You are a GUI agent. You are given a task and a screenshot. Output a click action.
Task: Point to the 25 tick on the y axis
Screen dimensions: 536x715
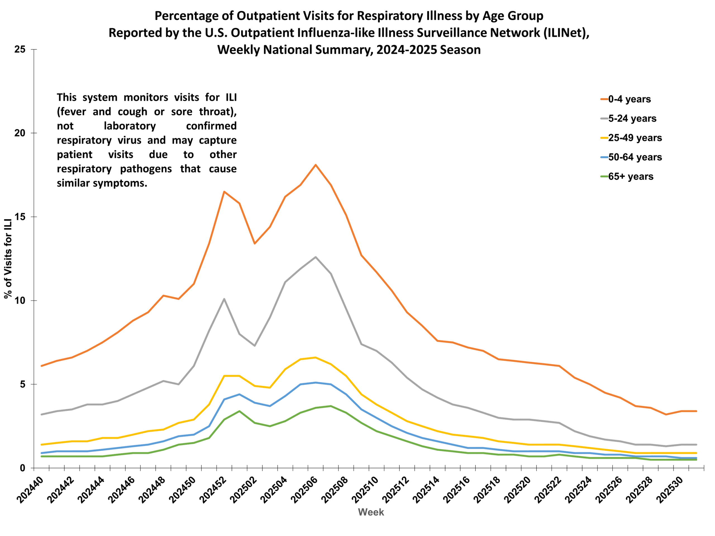click(20, 49)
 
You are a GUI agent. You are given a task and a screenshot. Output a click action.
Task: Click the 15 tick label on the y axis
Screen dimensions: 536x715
click(20, 217)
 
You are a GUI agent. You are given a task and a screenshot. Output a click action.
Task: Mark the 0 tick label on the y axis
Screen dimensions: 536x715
click(22, 468)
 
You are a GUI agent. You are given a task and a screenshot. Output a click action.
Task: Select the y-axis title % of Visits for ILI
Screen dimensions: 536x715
click(8, 259)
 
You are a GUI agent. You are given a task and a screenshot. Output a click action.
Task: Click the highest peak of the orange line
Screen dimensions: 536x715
click(316, 165)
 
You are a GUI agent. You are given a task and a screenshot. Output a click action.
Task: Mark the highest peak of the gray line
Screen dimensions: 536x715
click(316, 257)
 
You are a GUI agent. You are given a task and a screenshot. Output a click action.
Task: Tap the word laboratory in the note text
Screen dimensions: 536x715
click(130, 126)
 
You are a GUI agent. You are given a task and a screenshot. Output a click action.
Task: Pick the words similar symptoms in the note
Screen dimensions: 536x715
click(102, 183)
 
